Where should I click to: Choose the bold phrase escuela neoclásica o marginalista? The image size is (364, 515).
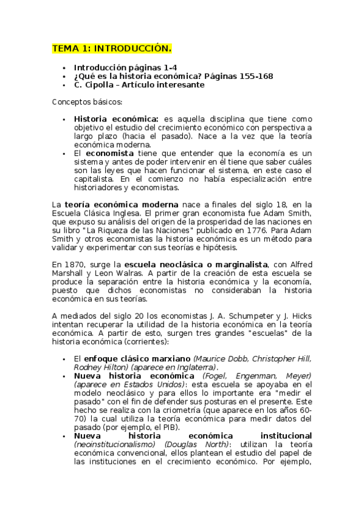click(x=196, y=265)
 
